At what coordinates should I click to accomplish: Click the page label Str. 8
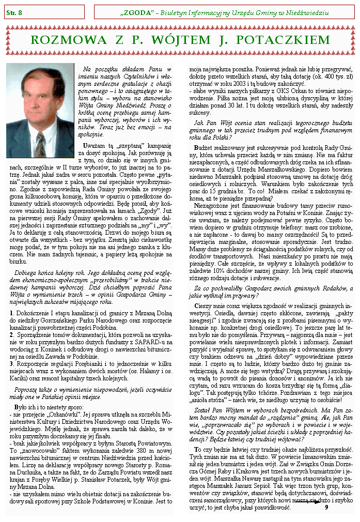tap(14, 11)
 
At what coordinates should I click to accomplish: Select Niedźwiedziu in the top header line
tap(307, 12)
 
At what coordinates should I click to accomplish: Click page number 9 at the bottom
tap(326, 506)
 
